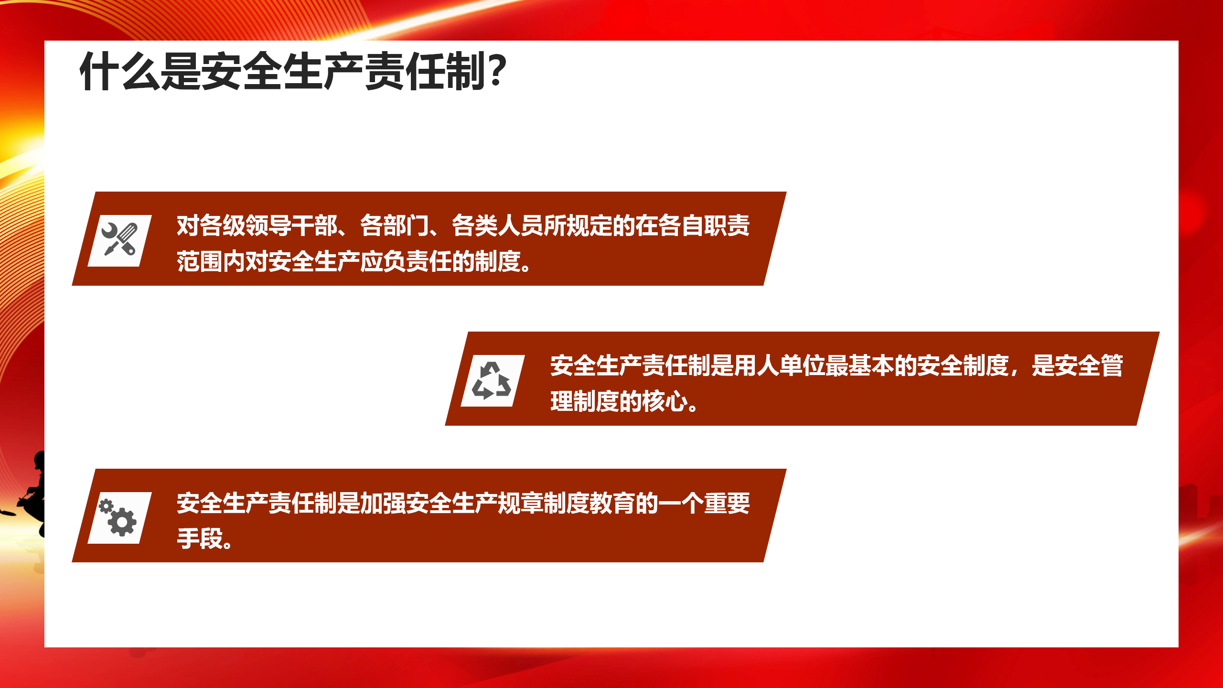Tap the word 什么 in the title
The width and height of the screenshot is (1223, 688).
[120, 71]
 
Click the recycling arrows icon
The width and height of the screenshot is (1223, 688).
[492, 380]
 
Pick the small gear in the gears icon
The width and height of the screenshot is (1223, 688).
[106, 506]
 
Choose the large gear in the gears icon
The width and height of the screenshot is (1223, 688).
[122, 522]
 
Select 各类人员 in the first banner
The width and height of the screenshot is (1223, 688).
[498, 226]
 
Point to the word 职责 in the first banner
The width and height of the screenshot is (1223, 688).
[727, 226]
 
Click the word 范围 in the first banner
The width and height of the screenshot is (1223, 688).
[200, 261]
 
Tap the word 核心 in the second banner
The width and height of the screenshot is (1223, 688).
[665, 401]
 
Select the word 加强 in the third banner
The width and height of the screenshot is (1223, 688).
[383, 503]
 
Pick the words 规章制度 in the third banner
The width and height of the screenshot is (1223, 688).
[544, 503]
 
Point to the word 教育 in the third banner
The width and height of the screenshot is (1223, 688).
[612, 503]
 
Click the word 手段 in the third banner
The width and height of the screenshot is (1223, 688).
[200, 538]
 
